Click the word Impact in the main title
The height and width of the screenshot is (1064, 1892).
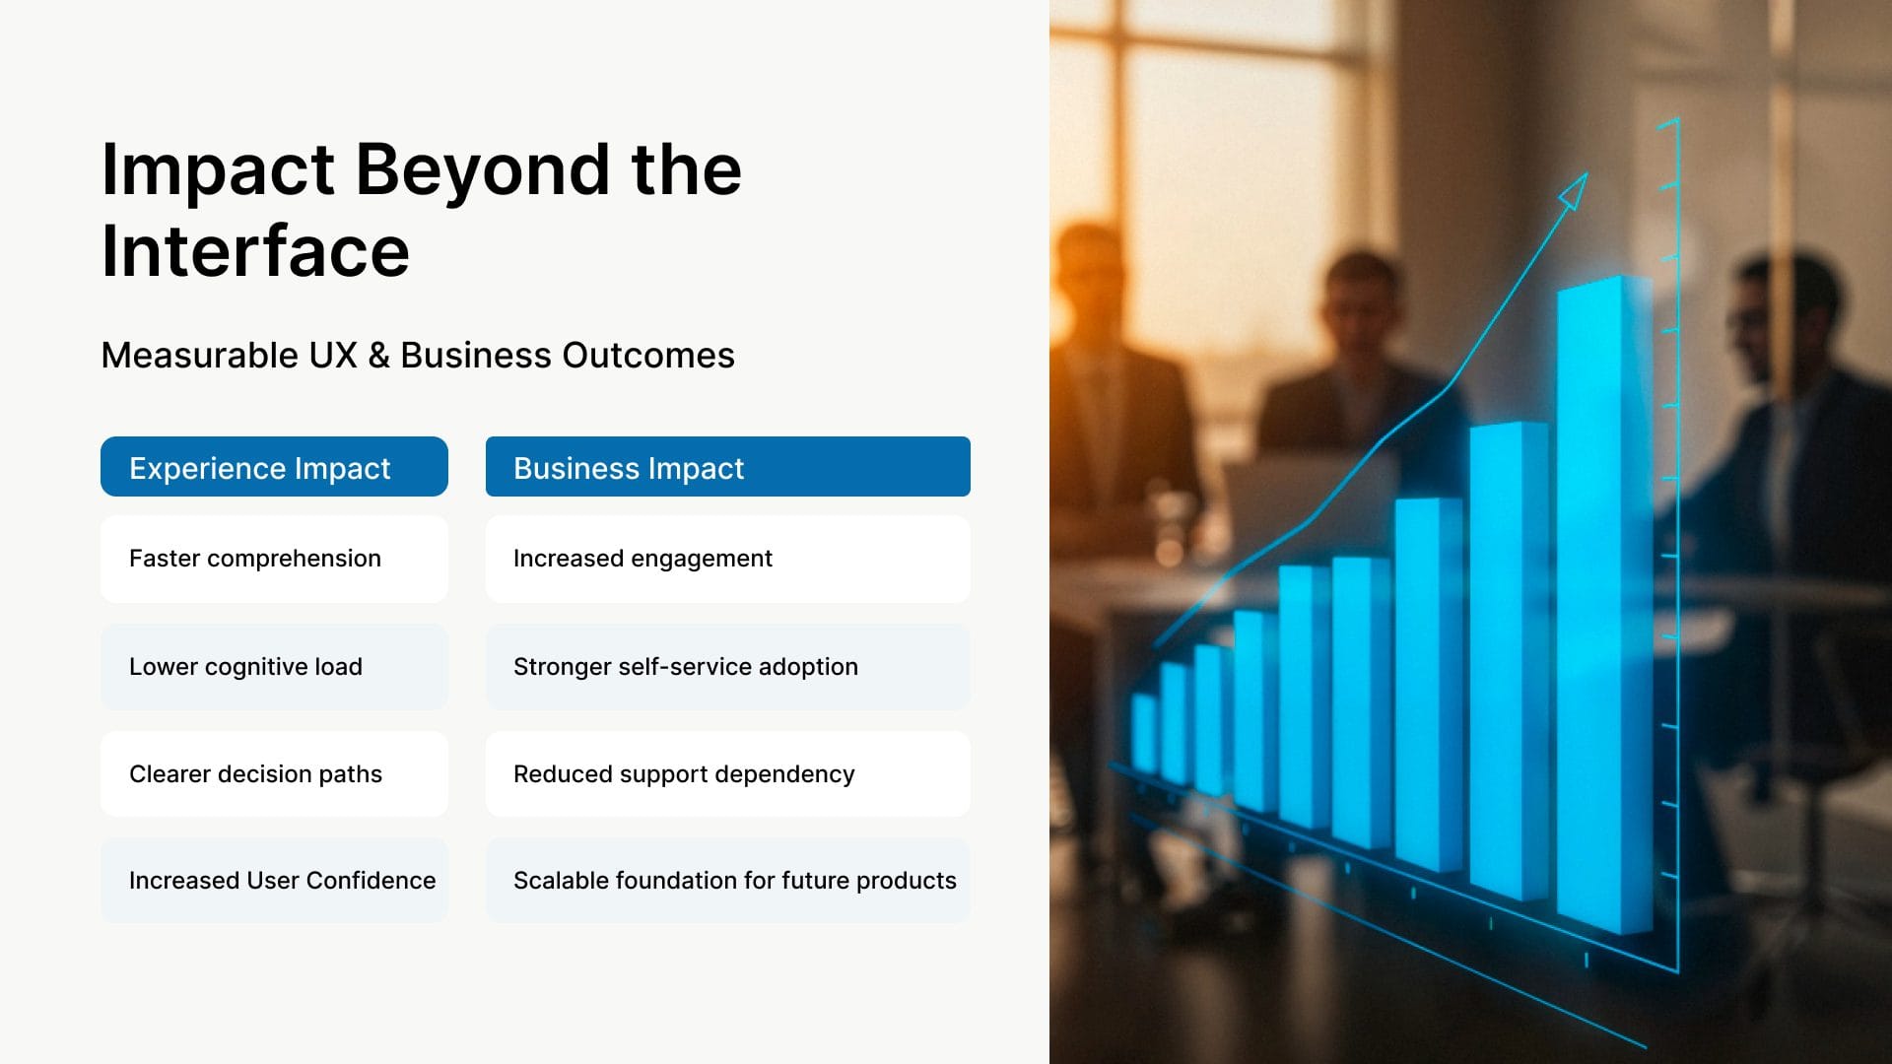218,170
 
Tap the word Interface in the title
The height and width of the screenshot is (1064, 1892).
255,251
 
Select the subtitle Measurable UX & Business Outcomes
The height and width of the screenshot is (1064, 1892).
418,355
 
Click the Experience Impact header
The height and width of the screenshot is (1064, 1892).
274,467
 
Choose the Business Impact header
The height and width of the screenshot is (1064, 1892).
728,467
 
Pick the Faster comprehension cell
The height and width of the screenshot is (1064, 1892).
274,559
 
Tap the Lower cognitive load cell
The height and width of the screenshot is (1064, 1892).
274,667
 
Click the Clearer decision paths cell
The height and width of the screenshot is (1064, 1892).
274,774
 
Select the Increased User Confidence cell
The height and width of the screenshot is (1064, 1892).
274,881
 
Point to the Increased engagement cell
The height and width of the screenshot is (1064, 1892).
728,559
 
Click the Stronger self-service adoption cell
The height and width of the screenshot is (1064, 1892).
728,667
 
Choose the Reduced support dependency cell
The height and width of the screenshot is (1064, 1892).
728,774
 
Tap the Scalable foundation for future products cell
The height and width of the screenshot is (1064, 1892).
728,881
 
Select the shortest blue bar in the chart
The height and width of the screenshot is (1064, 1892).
1145,734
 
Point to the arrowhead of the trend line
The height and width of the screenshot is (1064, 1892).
1574,191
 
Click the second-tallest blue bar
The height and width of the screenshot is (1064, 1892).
1508,660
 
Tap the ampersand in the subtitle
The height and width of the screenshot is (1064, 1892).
379,356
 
